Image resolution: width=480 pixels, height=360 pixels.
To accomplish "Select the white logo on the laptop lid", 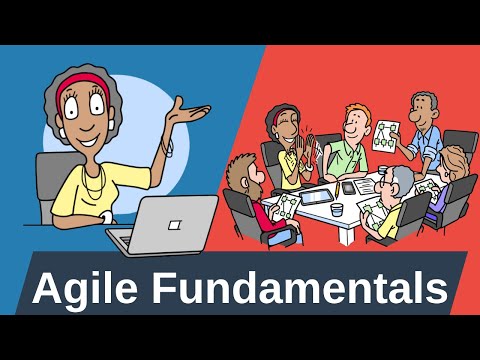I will coord(175,221).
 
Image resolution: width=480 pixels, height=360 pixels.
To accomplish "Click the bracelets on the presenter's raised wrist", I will coord(170,145).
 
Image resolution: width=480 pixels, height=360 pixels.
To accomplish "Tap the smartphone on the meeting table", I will coord(349,187).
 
